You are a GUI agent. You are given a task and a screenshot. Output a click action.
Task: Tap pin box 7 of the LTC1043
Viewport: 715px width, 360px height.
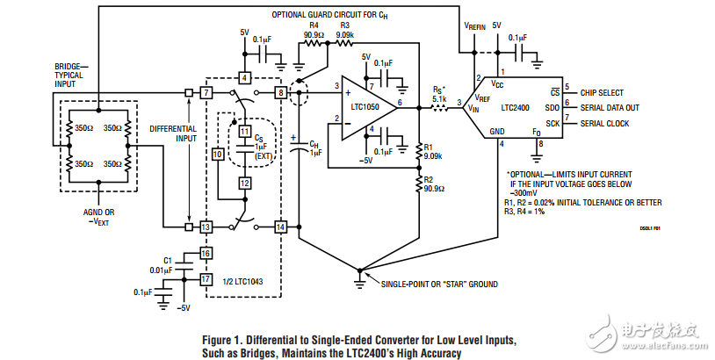tap(206, 92)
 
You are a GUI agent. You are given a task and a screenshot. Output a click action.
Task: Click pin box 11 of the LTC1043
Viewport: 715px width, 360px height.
tap(245, 131)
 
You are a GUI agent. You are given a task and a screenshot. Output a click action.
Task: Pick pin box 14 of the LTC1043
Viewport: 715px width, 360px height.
tap(280, 227)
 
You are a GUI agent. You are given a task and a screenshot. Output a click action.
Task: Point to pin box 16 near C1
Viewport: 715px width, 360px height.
tap(206, 254)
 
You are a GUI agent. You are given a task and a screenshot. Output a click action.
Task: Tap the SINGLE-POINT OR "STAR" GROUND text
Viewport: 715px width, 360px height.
tap(439, 284)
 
